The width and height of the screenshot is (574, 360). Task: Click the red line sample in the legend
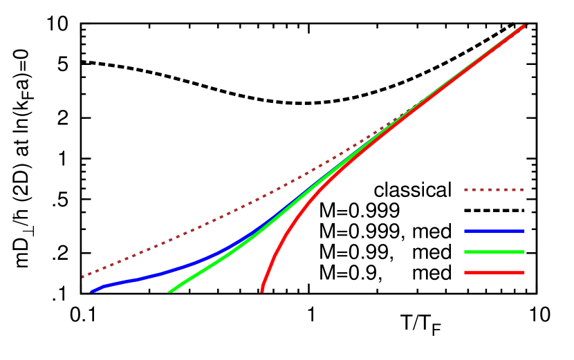tap(494, 273)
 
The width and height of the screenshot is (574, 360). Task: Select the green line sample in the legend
tap(494, 252)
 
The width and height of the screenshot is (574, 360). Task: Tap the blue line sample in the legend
tap(494, 231)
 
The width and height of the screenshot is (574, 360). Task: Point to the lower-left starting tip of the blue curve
tap(91, 292)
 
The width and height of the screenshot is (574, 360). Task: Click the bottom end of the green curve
tap(169, 292)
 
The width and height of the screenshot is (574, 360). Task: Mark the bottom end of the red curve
tap(262, 291)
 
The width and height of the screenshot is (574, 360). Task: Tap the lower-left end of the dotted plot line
tap(83, 276)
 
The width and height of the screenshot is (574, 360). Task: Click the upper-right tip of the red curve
tap(525, 26)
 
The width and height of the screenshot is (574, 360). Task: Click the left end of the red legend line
tap(466, 273)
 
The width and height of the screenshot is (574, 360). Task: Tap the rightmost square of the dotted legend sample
tap(521, 189)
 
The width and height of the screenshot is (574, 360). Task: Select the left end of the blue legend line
tap(466, 231)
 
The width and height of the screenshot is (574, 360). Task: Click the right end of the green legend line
tap(523, 252)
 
